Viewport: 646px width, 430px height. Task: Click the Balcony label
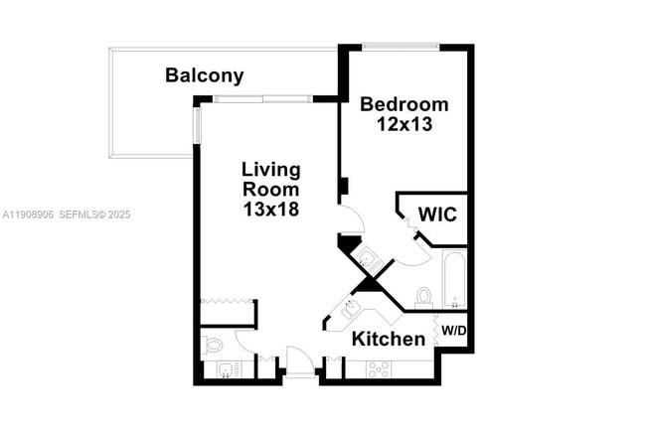[204, 75]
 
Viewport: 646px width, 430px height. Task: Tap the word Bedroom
[404, 104]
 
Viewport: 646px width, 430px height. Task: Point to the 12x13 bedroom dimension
[404, 124]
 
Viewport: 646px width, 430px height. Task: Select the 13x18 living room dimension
[271, 210]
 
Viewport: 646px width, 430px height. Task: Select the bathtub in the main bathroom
[454, 279]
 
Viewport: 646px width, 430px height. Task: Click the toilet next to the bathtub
[424, 297]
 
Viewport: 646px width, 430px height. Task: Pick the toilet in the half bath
[212, 346]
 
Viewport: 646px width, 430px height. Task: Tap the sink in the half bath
[227, 370]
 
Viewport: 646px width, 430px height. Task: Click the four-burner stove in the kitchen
[379, 369]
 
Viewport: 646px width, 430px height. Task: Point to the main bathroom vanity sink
[367, 260]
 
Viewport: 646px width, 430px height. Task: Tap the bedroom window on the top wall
[400, 46]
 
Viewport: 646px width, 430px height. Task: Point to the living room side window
[196, 124]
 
